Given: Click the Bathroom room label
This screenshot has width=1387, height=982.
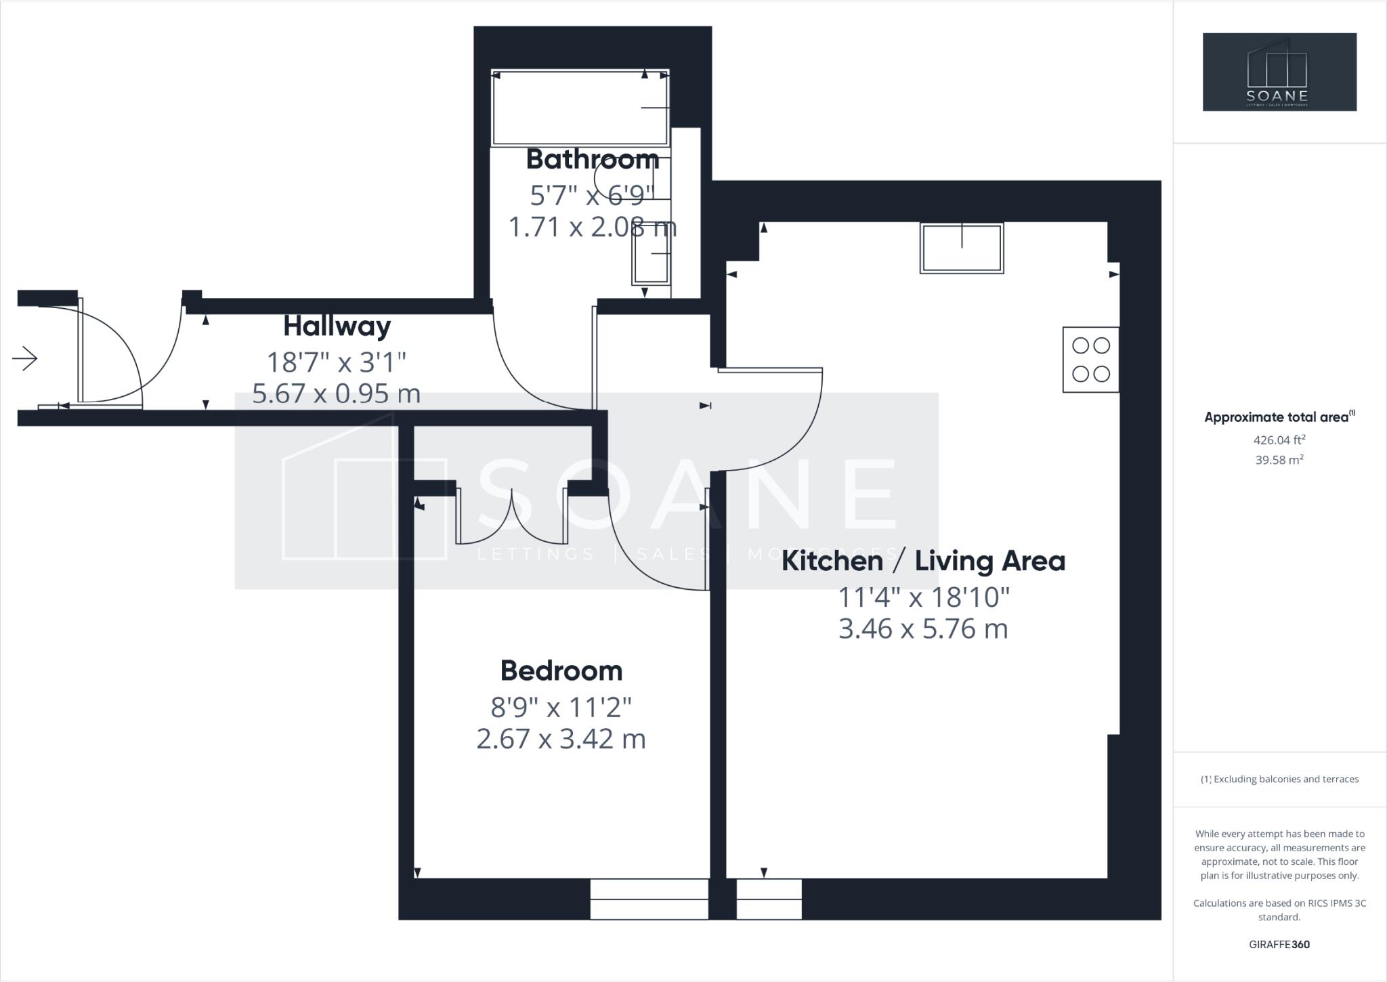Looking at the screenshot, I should (592, 160).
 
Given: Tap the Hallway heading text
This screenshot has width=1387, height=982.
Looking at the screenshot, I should (337, 326).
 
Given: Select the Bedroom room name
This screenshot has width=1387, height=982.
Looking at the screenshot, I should (561, 671).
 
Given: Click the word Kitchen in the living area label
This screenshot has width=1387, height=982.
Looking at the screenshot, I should (832, 561).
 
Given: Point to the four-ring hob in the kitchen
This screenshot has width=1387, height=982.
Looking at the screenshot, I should (1090, 360).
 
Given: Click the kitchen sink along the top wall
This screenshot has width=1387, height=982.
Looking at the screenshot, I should (961, 249).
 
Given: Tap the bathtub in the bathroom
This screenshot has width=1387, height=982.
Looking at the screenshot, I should (580, 108).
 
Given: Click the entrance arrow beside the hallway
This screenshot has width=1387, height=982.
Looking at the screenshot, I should (25, 358).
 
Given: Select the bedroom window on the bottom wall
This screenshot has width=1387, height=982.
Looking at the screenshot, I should (649, 899).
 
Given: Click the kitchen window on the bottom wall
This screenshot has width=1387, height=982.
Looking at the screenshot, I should (769, 899).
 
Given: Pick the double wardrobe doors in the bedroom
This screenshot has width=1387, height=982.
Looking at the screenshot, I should (512, 516).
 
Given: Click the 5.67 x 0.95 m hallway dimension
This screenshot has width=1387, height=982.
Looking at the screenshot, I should (336, 393).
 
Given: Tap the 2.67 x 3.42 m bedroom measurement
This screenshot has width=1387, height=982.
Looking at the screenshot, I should (561, 739).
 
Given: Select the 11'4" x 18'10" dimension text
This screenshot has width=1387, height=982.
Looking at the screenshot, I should (923, 598).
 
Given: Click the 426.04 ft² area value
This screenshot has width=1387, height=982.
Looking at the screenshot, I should (1279, 440).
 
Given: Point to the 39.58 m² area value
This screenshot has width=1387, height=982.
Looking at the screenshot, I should (1279, 461).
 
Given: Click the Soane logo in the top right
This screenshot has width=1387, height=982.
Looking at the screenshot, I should (1279, 72).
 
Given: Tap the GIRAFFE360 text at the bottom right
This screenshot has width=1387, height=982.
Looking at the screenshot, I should (1279, 945).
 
